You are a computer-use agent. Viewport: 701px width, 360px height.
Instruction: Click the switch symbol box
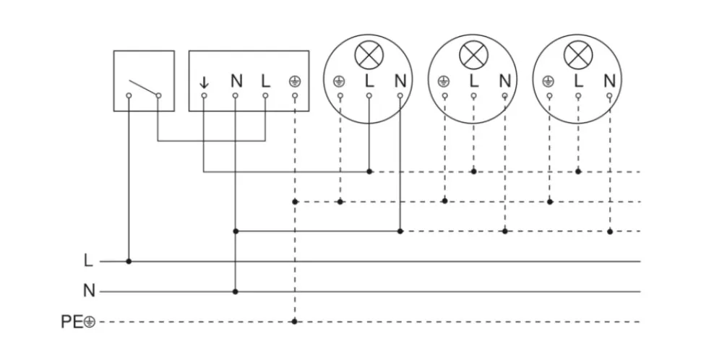[x=144, y=80]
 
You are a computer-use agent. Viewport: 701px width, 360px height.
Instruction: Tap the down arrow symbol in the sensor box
[x=204, y=80]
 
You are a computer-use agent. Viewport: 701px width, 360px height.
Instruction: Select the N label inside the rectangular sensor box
[x=236, y=80]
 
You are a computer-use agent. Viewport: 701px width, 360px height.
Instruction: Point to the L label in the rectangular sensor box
[x=265, y=80]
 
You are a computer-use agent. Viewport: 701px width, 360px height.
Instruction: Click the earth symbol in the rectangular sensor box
[x=294, y=80]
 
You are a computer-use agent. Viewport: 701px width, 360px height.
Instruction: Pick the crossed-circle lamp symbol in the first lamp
[x=368, y=53]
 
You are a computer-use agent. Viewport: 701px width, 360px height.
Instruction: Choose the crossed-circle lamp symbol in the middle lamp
[x=473, y=53]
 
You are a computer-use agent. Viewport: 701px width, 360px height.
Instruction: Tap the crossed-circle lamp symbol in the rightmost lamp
[x=577, y=53]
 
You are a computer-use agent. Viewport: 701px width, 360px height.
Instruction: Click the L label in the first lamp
[x=369, y=80]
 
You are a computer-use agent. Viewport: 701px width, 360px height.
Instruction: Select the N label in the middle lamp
[x=504, y=80]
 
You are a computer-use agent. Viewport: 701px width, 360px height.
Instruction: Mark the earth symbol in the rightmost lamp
[x=549, y=81]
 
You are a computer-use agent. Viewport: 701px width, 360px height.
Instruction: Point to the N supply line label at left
[x=89, y=291]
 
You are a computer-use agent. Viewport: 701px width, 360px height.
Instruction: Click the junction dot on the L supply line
[x=129, y=261]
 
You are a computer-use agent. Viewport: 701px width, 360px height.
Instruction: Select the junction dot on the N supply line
[x=236, y=292]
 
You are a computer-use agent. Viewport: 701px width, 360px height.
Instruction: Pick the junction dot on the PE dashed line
[x=294, y=322]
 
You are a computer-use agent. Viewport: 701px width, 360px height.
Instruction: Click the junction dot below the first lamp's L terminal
[x=369, y=171]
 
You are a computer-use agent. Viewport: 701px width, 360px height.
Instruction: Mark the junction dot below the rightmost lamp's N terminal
[x=610, y=231]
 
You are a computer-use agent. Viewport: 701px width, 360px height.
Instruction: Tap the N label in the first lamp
[x=400, y=80]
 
